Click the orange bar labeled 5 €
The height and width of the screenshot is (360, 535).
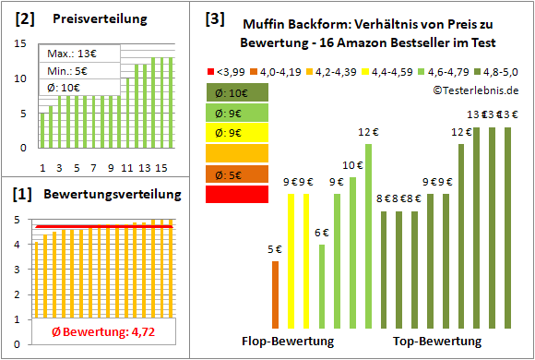[275, 294]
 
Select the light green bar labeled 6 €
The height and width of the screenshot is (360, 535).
[322, 285]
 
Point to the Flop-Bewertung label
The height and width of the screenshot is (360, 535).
[288, 342]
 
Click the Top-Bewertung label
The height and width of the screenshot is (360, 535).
[437, 342]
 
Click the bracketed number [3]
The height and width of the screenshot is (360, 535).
[214, 18]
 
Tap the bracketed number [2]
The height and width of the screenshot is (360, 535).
[25, 18]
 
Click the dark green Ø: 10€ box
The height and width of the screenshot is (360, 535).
[238, 92]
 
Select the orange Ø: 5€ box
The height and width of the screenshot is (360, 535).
[238, 174]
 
